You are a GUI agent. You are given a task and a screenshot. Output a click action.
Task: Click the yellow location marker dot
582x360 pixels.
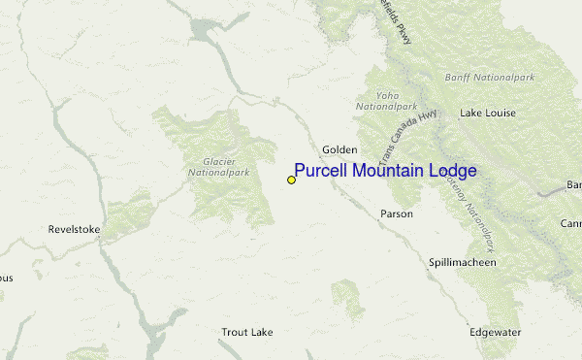291,180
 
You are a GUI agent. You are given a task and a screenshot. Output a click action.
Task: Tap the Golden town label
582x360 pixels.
339,149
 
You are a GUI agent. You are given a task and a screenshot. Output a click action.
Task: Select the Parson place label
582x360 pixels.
397,213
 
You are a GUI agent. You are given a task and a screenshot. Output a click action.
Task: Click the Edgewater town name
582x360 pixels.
496,332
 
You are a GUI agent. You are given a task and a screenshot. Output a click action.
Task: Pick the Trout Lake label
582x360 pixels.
246,332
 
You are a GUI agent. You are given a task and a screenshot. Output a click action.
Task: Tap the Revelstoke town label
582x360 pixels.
74,230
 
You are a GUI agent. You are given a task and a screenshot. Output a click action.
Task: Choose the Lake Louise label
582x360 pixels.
487,113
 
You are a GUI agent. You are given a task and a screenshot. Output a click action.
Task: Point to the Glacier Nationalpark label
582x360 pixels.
207,167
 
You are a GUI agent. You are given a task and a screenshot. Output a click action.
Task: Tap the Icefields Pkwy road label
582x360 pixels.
403,19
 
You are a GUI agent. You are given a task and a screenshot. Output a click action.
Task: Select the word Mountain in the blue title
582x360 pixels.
390,172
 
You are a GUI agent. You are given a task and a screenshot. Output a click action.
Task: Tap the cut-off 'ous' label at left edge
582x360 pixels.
6,278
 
